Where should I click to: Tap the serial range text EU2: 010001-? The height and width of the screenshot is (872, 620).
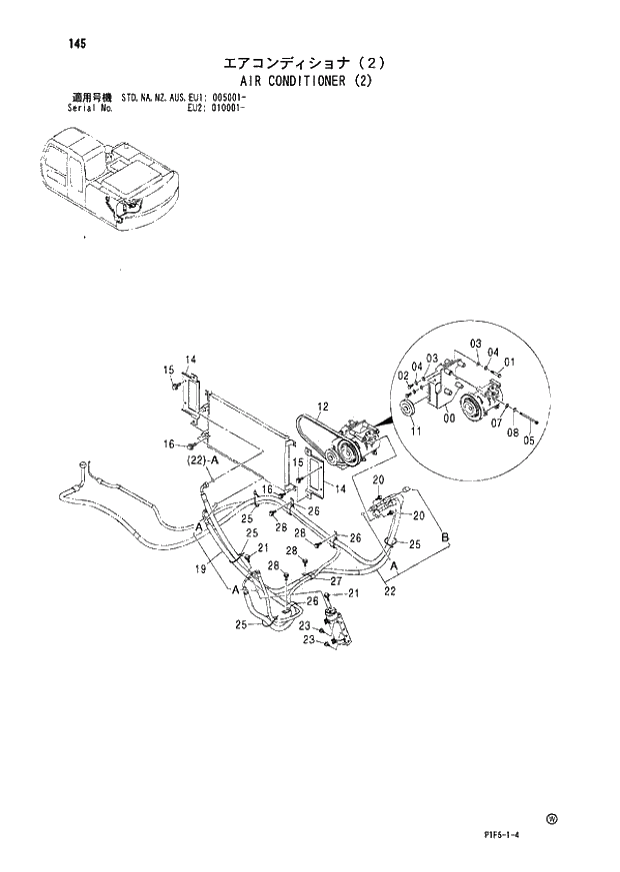click(x=217, y=108)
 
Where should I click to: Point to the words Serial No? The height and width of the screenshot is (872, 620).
click(x=88, y=108)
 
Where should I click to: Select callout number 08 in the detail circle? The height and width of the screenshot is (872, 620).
click(x=512, y=433)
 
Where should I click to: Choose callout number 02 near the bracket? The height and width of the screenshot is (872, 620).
click(x=402, y=376)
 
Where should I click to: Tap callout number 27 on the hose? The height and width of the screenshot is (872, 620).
click(x=337, y=581)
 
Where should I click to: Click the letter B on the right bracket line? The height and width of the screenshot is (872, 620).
click(x=445, y=538)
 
